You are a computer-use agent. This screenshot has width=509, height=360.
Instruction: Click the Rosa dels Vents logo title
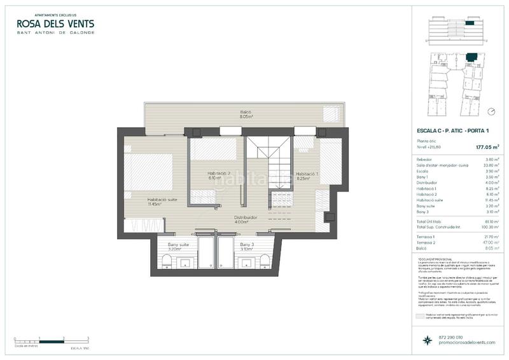55,24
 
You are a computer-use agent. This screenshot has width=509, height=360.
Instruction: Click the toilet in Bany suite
165,260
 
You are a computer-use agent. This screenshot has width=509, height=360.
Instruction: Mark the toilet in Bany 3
267,260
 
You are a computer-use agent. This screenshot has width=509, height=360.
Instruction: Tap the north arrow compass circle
491,111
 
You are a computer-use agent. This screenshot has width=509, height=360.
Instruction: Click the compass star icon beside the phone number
424,340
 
